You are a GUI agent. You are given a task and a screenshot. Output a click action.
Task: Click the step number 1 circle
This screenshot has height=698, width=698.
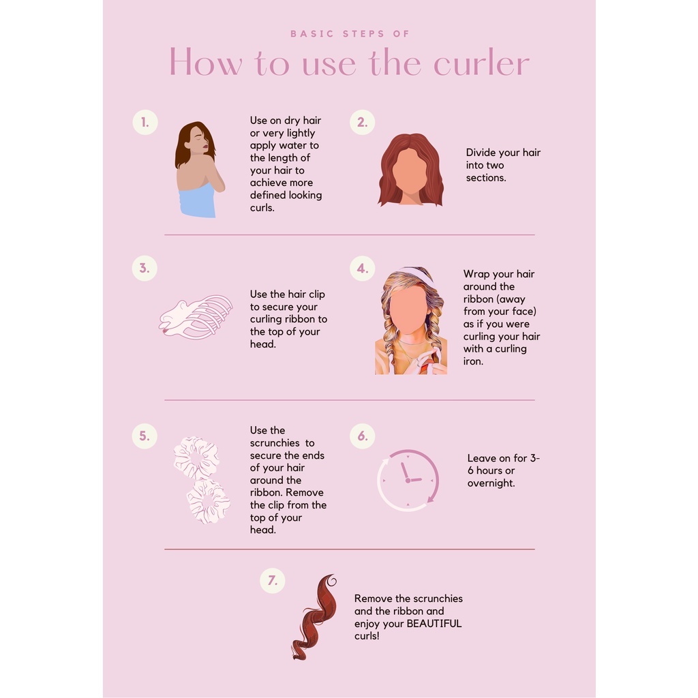click(x=145, y=123)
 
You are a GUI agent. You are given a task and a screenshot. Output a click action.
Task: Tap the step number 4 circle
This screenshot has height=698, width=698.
click(x=363, y=269)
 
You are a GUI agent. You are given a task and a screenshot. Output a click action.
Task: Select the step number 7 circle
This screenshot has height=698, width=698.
click(x=273, y=581)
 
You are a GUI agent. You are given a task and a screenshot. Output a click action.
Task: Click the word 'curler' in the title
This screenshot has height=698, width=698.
click(x=481, y=63)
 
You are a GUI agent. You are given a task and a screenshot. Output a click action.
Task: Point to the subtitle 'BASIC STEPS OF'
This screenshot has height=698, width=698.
click(x=350, y=34)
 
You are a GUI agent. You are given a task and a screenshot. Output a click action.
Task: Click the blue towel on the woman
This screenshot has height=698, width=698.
click(x=197, y=201)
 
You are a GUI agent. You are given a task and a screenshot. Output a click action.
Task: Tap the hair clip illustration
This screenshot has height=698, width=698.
click(x=196, y=317)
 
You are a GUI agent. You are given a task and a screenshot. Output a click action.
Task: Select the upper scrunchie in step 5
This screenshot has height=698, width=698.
click(x=196, y=457)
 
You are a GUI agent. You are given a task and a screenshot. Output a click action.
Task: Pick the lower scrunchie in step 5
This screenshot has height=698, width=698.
click(x=208, y=502)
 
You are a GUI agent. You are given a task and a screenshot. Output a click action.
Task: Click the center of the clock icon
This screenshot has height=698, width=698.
click(x=408, y=481)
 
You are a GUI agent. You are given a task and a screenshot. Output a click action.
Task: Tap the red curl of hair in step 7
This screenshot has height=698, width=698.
click(x=314, y=617)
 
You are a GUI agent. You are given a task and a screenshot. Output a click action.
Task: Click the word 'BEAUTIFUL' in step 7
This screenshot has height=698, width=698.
click(x=434, y=624)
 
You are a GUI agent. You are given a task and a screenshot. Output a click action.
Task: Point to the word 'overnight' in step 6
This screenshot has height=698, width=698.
click(x=491, y=483)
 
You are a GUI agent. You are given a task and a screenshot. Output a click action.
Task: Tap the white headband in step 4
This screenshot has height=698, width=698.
click(x=418, y=274)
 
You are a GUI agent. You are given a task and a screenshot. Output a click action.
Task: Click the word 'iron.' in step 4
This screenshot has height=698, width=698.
click(x=473, y=361)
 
